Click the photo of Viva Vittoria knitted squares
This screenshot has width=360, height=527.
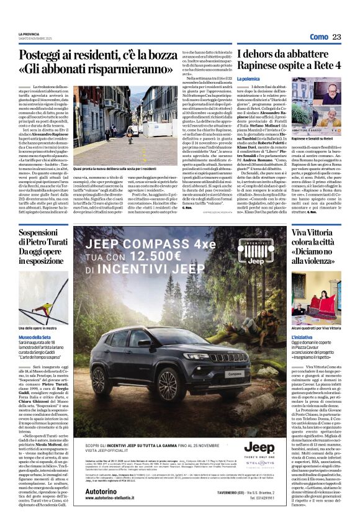tap(316, 294)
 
